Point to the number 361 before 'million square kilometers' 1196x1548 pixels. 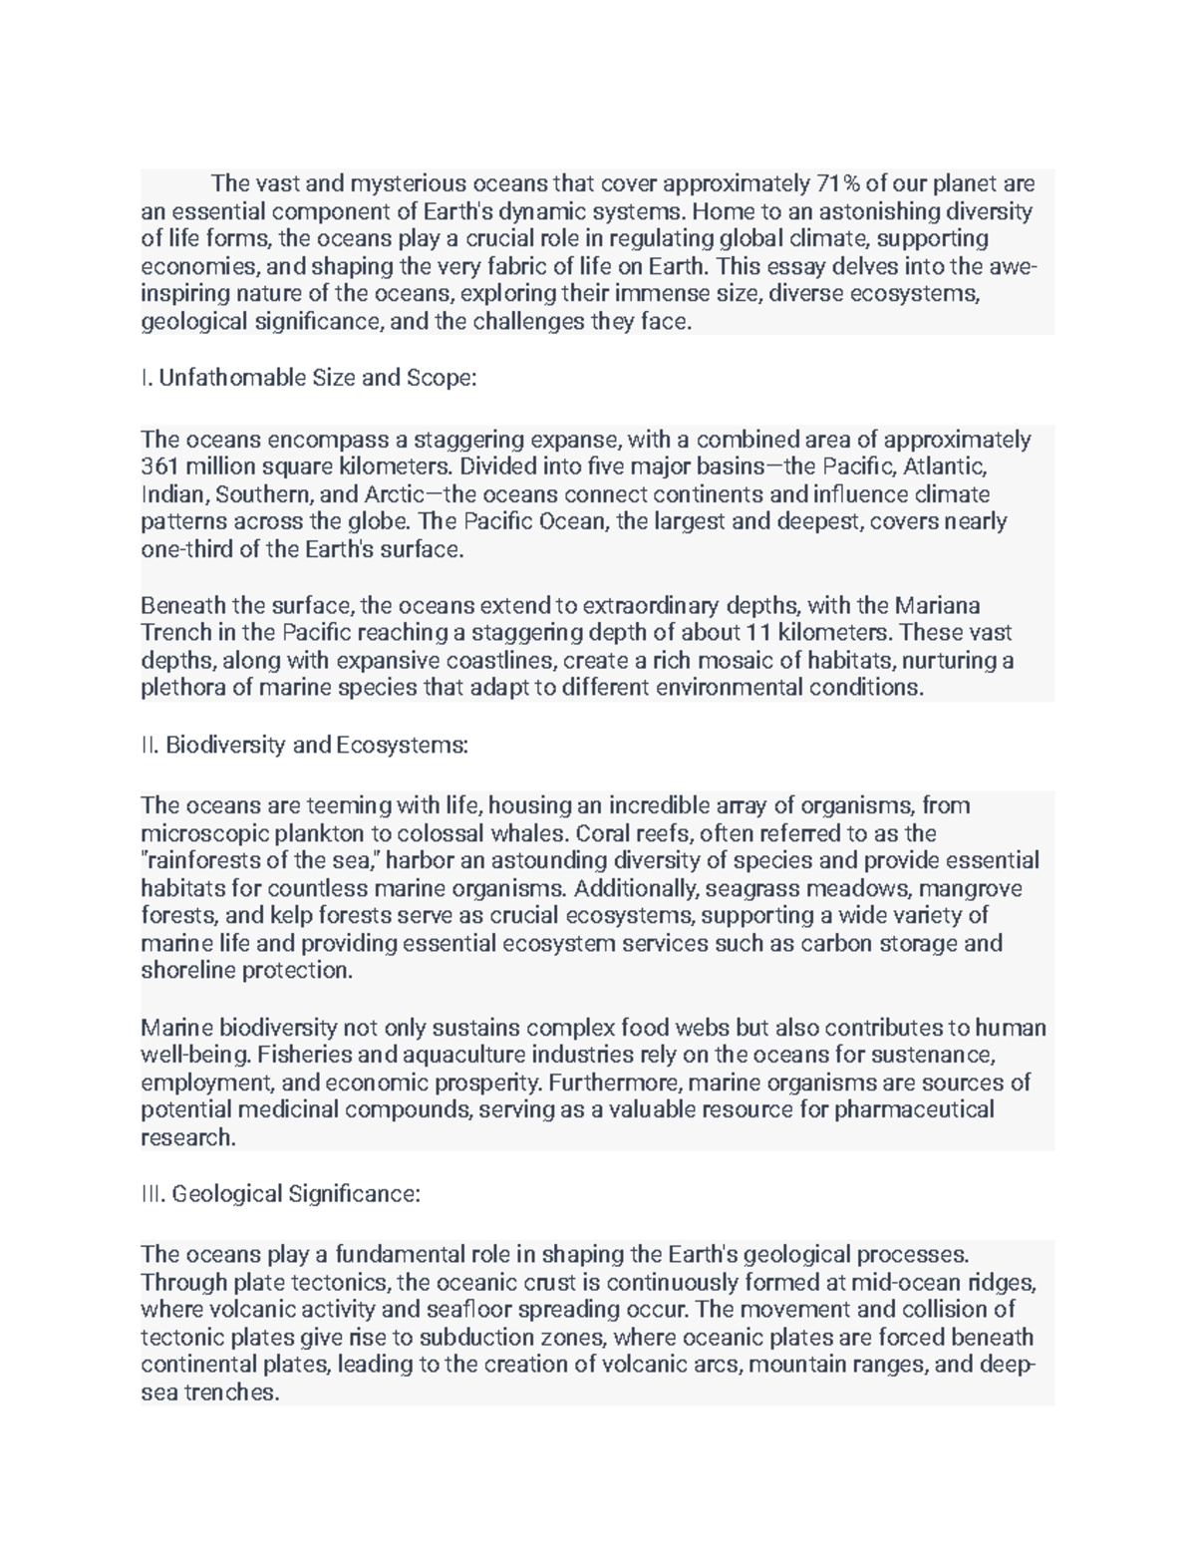(158, 467)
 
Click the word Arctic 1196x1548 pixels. (400, 495)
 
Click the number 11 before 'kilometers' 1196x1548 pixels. (757, 632)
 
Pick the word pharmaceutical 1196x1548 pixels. (914, 1110)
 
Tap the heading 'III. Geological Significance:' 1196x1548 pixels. (281, 1194)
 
